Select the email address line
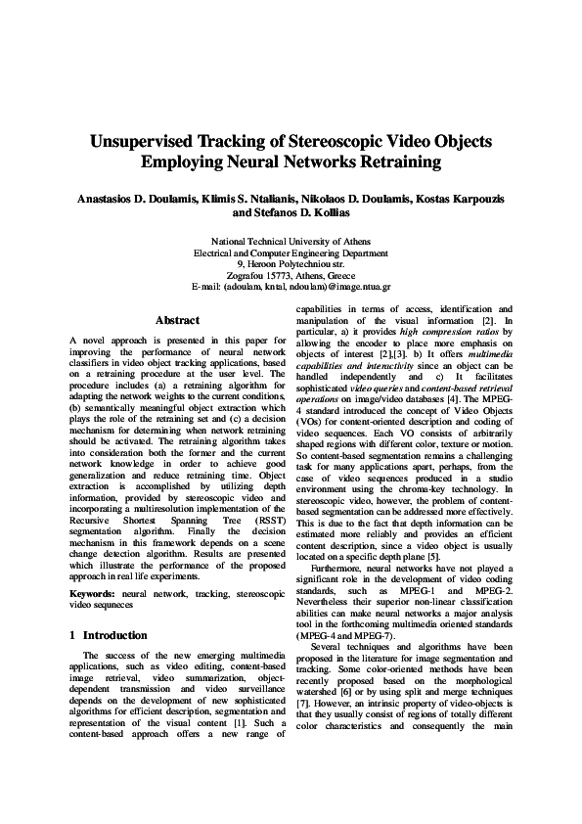292,287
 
